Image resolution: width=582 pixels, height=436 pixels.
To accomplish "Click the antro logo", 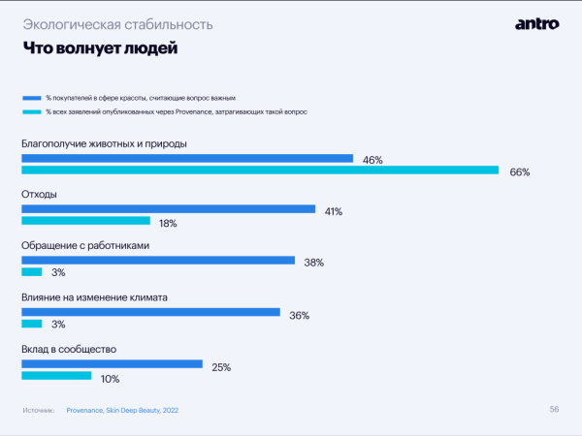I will pyautogui.click(x=536, y=23).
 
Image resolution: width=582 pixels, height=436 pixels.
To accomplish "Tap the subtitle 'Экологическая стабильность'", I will pyautogui.click(x=117, y=22).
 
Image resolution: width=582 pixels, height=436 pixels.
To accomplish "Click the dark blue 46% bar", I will pyautogui.click(x=187, y=158).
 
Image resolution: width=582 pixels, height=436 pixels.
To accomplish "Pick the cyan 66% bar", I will pyautogui.click(x=260, y=171).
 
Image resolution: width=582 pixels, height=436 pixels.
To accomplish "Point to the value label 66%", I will pyautogui.click(x=519, y=172).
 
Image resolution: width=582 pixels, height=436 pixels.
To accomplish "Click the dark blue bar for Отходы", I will pyautogui.click(x=169, y=208).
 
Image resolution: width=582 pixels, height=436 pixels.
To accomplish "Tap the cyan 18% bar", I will pyautogui.click(x=86, y=222).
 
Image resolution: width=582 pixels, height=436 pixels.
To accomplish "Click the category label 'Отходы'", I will pyautogui.click(x=39, y=194).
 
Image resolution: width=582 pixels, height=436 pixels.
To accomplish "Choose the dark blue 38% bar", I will pyautogui.click(x=158, y=260).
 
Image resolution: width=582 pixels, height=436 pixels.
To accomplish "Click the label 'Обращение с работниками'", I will pyautogui.click(x=84, y=245).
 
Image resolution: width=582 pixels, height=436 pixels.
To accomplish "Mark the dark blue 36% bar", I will pyautogui.click(x=150, y=312).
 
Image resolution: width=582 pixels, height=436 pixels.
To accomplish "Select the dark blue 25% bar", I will pyautogui.click(x=112, y=364).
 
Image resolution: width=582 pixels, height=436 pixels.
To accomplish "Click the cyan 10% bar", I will pyautogui.click(x=56, y=376).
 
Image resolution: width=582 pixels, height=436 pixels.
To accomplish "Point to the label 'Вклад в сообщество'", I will pyautogui.click(x=69, y=349).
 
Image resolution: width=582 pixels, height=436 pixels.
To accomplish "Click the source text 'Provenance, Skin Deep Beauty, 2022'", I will pyautogui.click(x=122, y=411).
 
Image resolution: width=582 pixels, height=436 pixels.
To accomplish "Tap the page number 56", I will pyautogui.click(x=554, y=409).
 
